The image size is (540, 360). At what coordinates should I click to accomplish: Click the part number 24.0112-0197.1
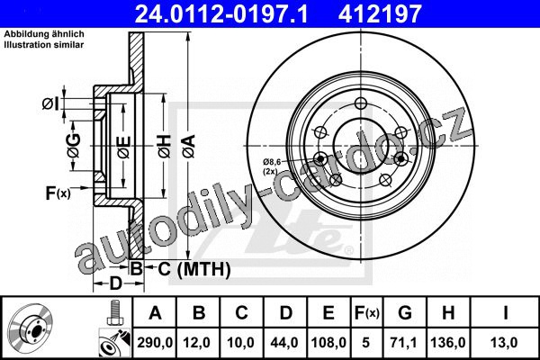coord(221,13)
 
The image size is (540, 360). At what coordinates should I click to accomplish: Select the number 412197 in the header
coord(380,13)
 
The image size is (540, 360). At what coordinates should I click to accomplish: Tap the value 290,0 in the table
coord(155,343)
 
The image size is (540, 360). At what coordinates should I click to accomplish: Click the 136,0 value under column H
coord(447,343)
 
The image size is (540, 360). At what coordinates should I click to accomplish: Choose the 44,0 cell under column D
coord(284,343)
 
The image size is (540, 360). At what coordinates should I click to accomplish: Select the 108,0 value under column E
coord(328,343)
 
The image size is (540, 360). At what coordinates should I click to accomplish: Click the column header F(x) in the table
coord(367,313)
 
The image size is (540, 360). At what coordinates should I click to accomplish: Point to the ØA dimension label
coord(189,146)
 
